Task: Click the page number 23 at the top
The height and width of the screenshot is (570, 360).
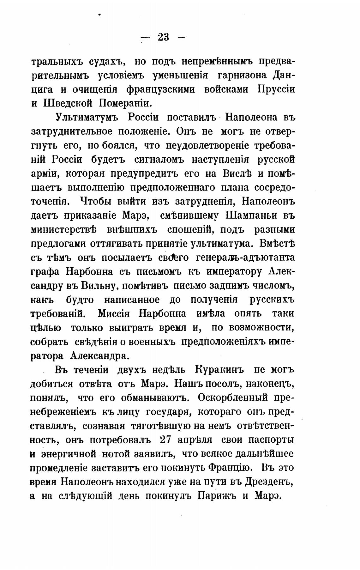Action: [163, 38]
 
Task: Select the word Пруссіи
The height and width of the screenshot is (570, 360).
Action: [276, 89]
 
